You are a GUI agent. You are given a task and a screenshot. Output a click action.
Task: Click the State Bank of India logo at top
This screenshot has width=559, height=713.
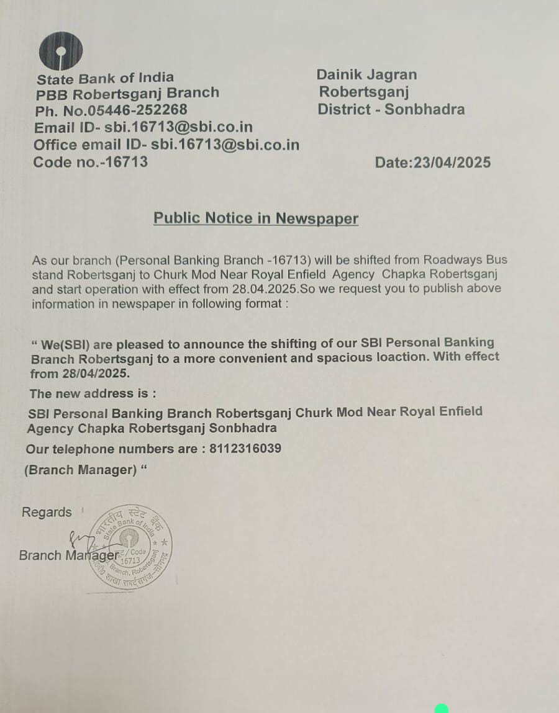(60, 50)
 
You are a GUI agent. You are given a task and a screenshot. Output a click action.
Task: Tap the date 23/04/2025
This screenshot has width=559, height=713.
(452, 163)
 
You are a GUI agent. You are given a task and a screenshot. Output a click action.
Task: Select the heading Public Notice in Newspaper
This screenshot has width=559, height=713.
(256, 218)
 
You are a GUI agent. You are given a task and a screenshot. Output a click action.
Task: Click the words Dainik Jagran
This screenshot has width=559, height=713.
(366, 74)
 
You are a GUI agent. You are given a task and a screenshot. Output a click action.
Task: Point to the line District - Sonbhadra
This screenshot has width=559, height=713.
(391, 110)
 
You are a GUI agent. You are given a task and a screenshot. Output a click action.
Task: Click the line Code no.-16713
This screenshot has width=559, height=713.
(91, 162)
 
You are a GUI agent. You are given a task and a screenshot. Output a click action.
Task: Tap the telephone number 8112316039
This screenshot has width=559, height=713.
(244, 448)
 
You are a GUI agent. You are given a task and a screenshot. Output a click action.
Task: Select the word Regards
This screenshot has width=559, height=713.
(47, 513)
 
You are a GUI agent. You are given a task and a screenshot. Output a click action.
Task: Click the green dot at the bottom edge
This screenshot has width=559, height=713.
(442, 709)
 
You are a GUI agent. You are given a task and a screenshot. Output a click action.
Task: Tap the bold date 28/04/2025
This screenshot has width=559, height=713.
(96, 374)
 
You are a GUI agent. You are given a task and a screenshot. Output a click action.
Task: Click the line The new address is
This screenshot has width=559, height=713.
(93, 393)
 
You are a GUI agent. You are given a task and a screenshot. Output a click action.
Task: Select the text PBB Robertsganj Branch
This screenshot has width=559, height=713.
(127, 93)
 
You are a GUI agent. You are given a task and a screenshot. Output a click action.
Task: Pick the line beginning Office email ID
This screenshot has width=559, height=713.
(166, 145)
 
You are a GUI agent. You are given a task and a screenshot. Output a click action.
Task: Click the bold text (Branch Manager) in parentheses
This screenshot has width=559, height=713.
(80, 470)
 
